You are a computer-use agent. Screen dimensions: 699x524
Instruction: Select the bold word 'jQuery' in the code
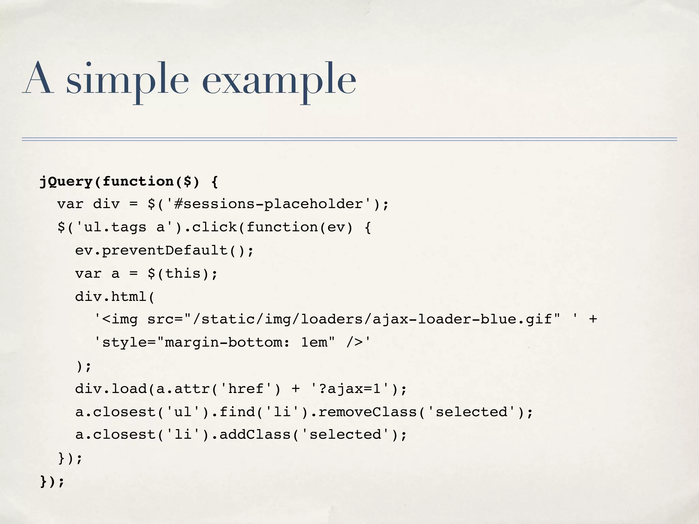66,181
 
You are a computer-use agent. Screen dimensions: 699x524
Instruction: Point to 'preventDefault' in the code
165,250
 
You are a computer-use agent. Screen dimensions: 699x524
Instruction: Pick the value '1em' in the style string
314,342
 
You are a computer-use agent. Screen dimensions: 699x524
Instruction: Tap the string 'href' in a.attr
246,389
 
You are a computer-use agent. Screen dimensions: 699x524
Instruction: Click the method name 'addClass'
255,435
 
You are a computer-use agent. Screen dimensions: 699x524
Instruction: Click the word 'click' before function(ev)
214,227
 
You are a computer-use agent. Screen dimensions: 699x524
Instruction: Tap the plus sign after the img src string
593,319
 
